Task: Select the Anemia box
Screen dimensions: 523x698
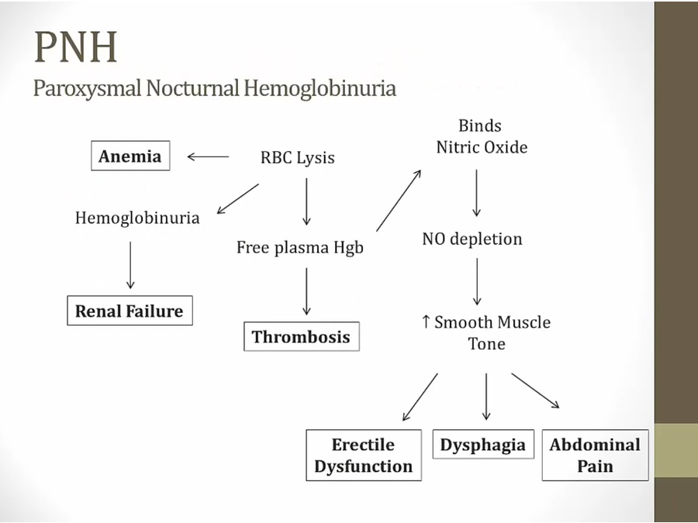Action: click(x=130, y=157)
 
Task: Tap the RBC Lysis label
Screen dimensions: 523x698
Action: click(x=297, y=158)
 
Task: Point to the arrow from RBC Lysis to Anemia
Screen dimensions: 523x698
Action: click(x=208, y=157)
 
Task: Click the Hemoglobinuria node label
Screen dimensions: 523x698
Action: click(x=136, y=218)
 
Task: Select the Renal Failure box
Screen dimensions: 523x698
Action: click(x=129, y=311)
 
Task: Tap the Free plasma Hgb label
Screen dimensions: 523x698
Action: click(x=299, y=248)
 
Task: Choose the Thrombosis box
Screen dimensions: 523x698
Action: click(x=301, y=337)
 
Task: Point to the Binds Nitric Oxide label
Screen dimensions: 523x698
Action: click(x=481, y=136)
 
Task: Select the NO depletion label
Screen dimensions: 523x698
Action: click(x=472, y=239)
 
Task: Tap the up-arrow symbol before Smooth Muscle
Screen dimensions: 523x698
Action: click(x=426, y=322)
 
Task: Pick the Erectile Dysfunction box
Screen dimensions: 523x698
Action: click(x=364, y=456)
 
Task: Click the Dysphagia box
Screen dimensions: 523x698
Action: click(x=482, y=446)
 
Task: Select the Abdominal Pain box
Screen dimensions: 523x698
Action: click(x=595, y=456)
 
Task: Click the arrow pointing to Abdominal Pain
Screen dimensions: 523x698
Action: click(x=535, y=390)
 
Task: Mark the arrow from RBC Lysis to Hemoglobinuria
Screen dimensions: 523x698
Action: click(x=238, y=198)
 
